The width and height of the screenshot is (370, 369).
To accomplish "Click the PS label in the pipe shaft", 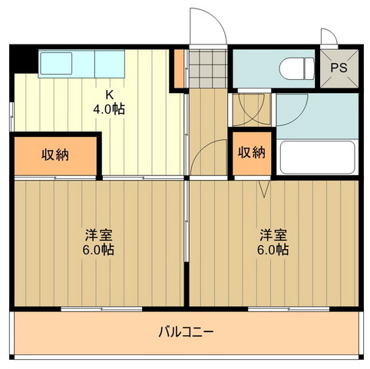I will [339, 66].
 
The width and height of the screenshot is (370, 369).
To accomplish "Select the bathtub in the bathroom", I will [316, 158].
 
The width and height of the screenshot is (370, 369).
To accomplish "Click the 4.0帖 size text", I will [110, 109].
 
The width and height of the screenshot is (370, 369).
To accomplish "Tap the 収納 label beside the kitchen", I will [55, 154].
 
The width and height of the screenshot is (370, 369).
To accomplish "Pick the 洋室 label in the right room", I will [272, 234].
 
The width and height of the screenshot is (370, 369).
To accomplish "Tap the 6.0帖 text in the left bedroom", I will [99, 250].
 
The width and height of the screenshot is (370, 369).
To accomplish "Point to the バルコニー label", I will [186, 332].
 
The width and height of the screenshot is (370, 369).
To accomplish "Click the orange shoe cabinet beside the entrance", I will [179, 68].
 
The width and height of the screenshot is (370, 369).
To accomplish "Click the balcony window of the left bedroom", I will [101, 309].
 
